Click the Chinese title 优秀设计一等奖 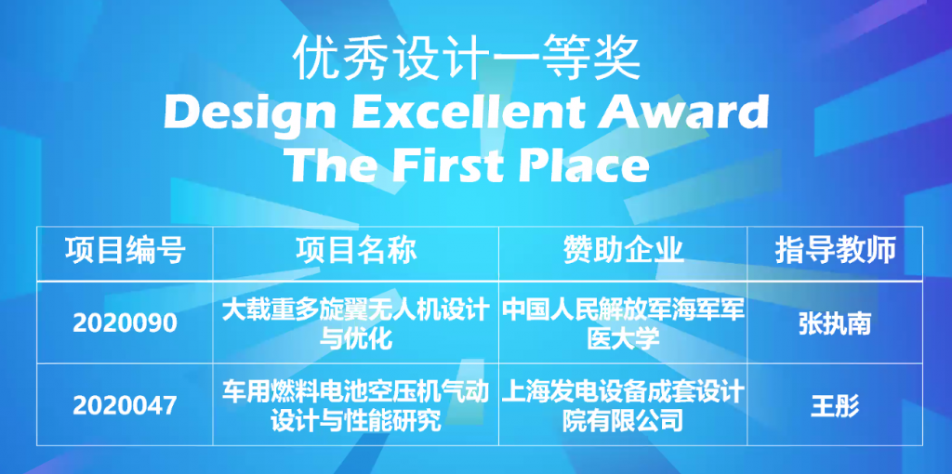[467, 59]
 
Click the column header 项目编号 [126, 251]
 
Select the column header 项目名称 [356, 251]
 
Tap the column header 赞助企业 [624, 251]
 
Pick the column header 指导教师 [836, 251]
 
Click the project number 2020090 [126, 323]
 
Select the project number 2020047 [126, 405]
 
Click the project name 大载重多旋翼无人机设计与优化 [356, 324]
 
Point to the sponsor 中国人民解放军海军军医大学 [623, 324]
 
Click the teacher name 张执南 [835, 324]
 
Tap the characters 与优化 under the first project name [356, 338]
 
